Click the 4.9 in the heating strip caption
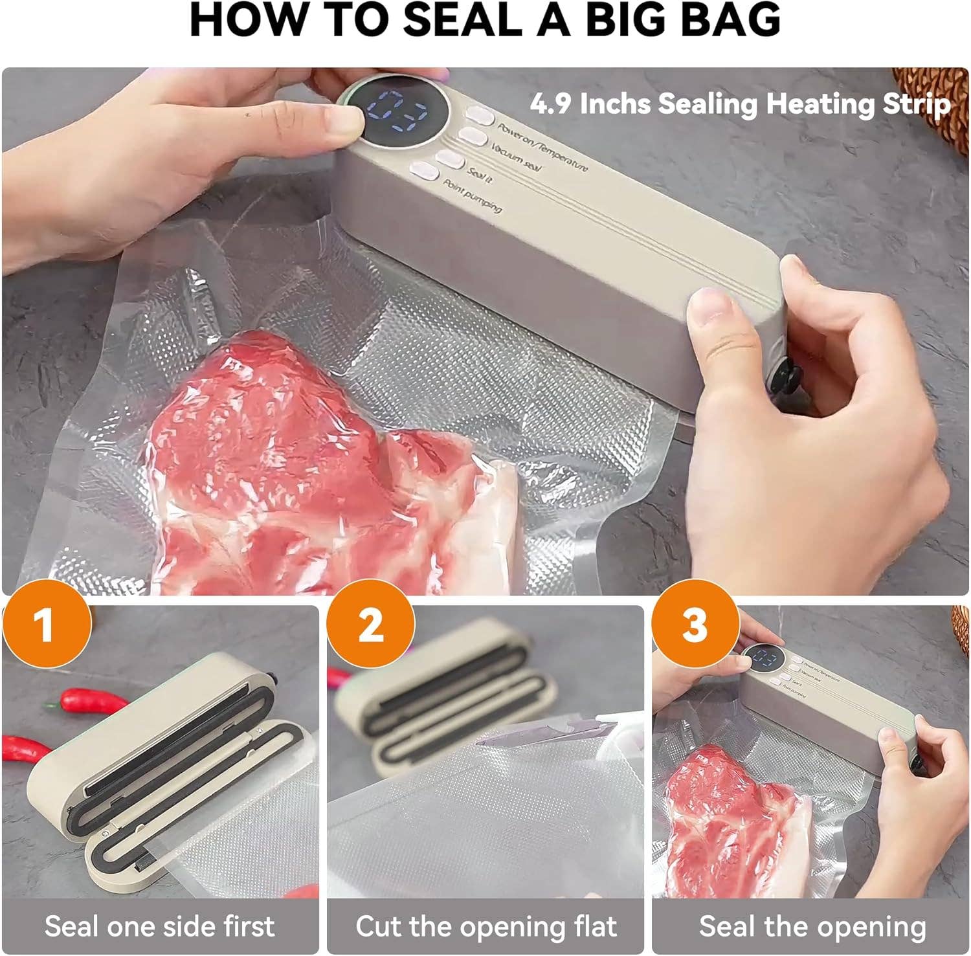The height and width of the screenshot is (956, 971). pos(550,104)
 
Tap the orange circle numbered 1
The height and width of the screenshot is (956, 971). pos(46,624)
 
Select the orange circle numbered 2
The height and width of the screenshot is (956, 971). pos(370,624)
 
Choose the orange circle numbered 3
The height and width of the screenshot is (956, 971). pos(695,624)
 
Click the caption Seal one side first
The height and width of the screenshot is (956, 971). pos(159,926)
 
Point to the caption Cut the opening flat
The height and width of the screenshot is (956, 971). pos(485,926)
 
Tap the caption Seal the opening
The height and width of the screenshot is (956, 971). pos(812,926)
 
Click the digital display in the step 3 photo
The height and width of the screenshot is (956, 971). pos(765,660)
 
